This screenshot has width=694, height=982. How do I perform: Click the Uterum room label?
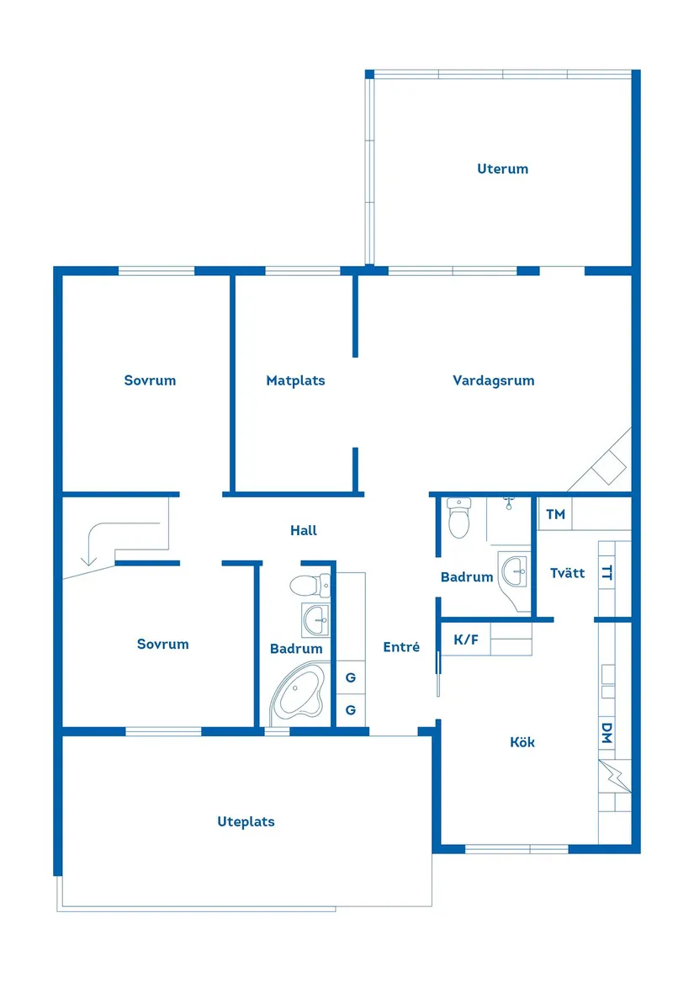pos(502,169)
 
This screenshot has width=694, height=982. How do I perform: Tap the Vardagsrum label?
pos(493,380)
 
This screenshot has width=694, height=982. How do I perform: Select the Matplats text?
pos(295,380)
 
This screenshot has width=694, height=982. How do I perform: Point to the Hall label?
pos(304,531)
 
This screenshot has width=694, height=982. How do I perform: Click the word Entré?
pos(400,647)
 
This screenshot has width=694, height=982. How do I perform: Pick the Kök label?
pos(522,742)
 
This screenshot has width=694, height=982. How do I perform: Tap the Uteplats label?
pos(246,821)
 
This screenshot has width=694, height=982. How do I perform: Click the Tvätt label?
pos(567,573)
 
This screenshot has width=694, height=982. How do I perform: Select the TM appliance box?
pos(555,514)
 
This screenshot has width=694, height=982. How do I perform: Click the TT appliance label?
pos(607,573)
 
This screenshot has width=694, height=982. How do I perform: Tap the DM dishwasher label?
pos(607,734)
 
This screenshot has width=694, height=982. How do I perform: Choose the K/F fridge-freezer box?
pos(466,640)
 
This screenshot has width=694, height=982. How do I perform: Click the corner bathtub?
pos(299,694)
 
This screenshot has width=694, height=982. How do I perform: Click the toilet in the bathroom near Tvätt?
pos(459,518)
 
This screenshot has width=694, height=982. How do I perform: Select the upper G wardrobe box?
pos(351,677)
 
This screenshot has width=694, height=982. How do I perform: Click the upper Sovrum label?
pos(150,380)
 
